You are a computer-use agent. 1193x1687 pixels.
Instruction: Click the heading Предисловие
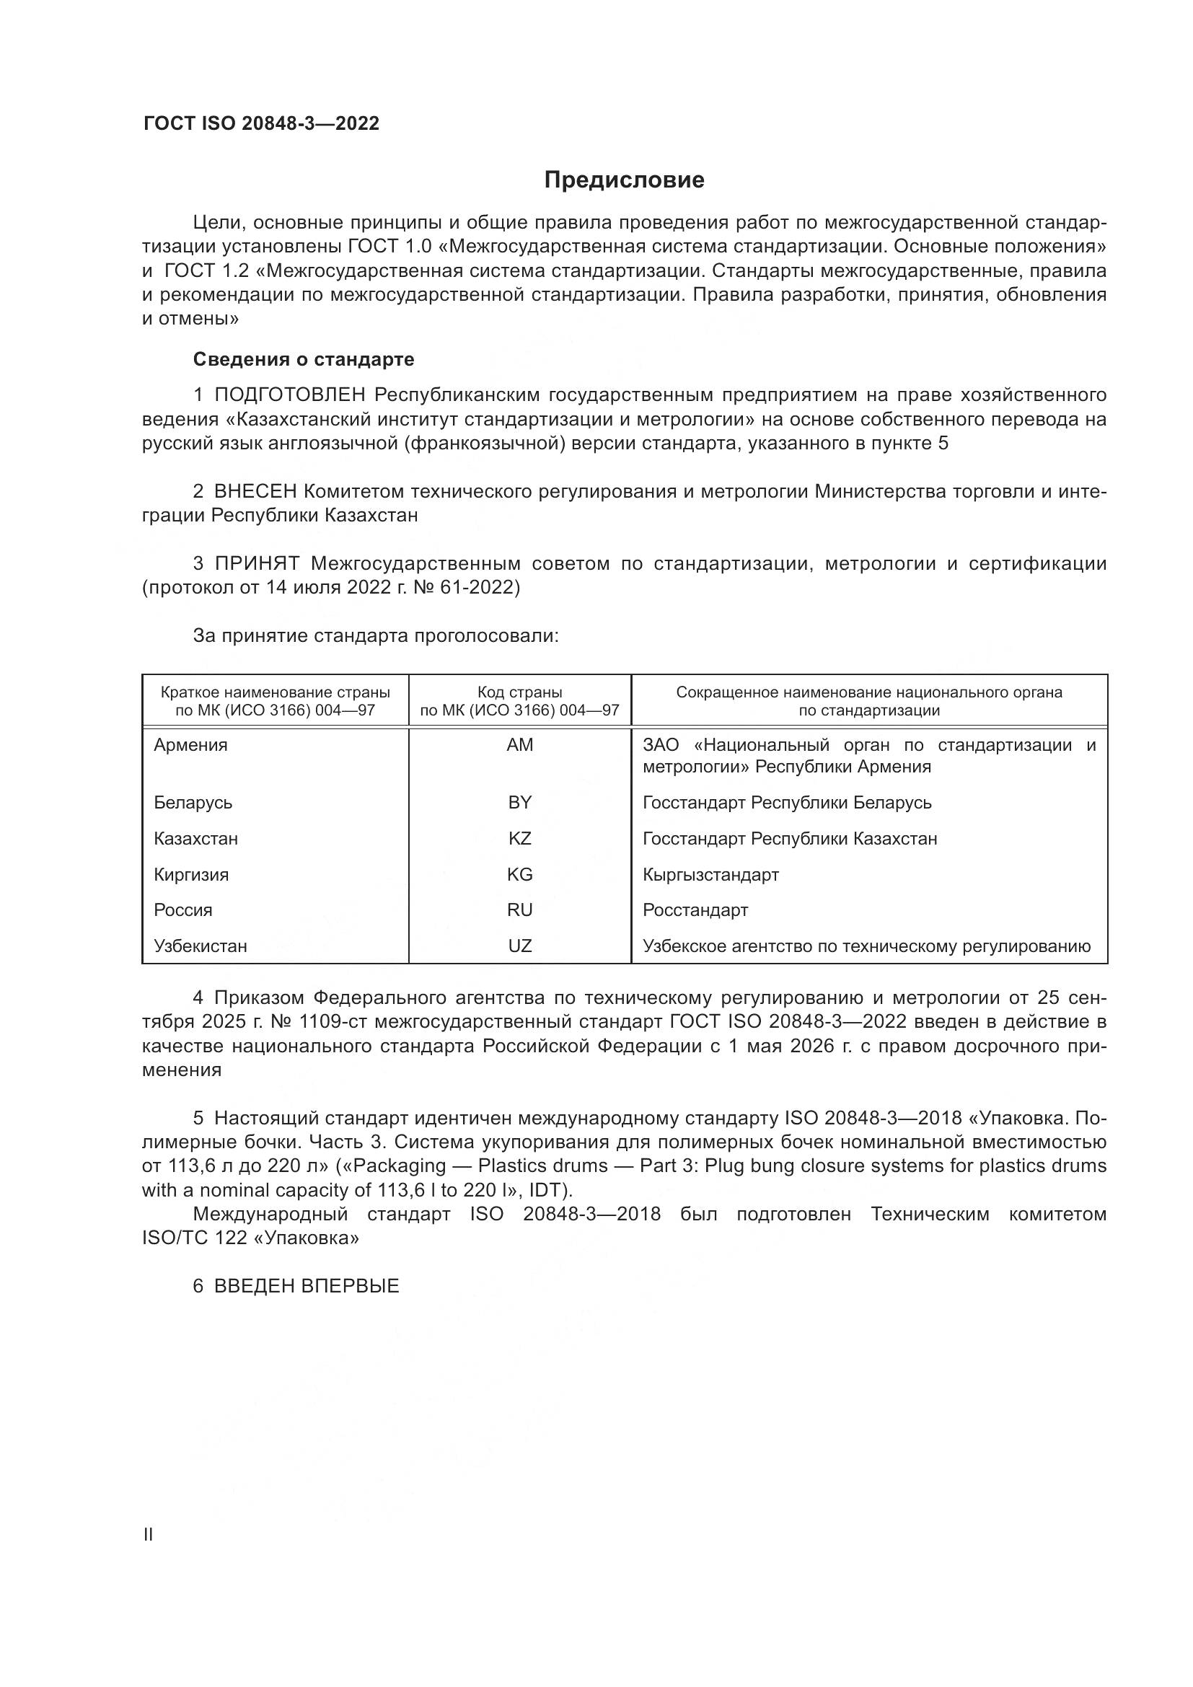624,180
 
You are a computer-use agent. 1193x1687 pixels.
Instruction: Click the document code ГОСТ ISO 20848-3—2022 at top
261,123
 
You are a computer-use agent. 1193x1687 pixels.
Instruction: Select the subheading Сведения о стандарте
303,359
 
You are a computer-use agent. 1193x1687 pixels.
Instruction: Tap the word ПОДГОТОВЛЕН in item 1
289,395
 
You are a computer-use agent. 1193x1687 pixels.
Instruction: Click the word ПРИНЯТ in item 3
256,563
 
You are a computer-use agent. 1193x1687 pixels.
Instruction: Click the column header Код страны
519,692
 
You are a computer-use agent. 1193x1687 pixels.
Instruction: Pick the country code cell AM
519,745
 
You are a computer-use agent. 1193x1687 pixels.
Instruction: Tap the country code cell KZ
519,838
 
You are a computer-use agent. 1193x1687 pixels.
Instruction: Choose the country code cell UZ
519,946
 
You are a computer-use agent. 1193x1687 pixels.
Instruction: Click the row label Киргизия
191,874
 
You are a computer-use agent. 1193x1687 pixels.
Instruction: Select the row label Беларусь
193,802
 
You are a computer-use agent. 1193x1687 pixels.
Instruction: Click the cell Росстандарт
695,909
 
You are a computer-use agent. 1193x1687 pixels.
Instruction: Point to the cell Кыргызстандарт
710,874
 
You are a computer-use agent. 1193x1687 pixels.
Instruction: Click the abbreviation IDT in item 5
545,1189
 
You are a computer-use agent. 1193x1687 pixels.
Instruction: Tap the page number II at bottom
149,1534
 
